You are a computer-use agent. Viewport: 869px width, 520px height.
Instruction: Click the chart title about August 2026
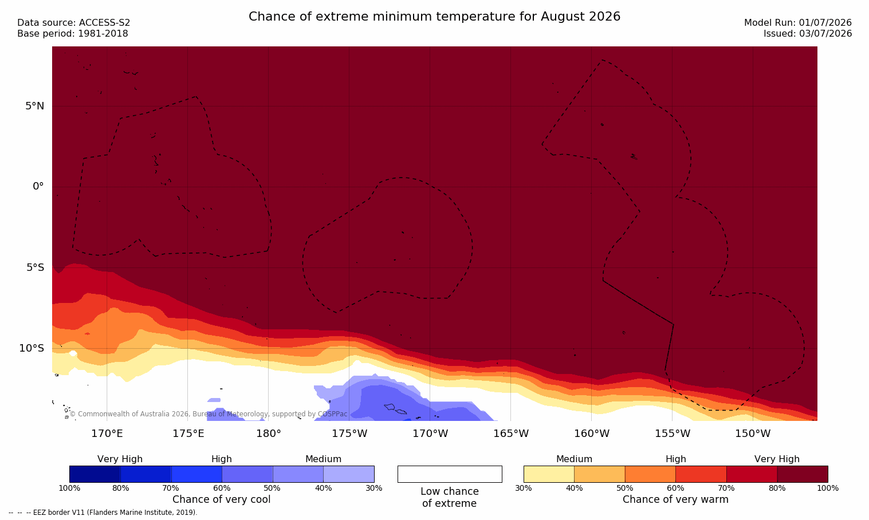point(434,17)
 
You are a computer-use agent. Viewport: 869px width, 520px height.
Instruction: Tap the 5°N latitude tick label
point(35,106)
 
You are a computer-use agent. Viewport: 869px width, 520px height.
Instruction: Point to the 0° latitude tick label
point(38,187)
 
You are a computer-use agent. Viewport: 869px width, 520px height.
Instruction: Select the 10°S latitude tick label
point(32,348)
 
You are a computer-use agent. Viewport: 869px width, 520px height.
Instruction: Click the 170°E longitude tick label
point(107,434)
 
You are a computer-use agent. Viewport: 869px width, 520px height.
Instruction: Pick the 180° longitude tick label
point(269,434)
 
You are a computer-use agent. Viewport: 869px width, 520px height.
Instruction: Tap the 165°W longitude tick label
point(511,434)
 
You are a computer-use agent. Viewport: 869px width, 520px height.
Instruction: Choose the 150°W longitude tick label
point(753,434)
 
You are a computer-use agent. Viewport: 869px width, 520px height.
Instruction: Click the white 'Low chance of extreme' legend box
point(450,474)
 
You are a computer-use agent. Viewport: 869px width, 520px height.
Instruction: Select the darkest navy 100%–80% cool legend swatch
point(95,474)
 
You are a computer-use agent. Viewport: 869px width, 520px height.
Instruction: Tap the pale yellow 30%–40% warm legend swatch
point(549,474)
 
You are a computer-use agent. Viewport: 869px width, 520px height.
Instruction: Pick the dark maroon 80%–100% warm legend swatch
point(803,474)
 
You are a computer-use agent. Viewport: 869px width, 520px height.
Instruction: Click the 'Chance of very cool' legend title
point(222,499)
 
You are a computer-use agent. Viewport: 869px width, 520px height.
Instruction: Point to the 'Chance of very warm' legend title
point(675,499)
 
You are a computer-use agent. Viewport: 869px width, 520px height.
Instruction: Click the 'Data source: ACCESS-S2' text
point(74,23)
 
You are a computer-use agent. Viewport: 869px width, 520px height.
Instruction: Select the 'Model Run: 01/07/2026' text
point(797,23)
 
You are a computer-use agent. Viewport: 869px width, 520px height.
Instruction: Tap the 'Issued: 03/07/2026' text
point(808,34)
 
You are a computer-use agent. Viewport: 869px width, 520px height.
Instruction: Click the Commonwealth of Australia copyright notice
point(209,414)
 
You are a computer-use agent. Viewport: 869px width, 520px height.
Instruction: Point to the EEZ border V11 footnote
point(103,512)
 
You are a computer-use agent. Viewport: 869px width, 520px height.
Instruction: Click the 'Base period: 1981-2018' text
point(73,34)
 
